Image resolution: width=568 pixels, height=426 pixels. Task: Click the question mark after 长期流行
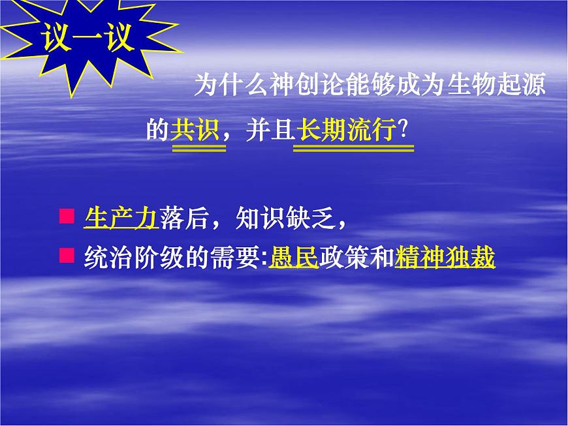[x=404, y=130]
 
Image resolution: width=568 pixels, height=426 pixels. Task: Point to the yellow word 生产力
[x=121, y=219]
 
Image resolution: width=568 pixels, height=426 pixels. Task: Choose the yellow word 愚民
[x=292, y=257]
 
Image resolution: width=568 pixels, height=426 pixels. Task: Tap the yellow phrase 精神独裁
[x=445, y=257]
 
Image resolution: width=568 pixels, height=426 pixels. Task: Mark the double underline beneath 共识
[x=198, y=148]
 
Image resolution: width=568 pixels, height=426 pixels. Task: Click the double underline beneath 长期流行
[x=353, y=148]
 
